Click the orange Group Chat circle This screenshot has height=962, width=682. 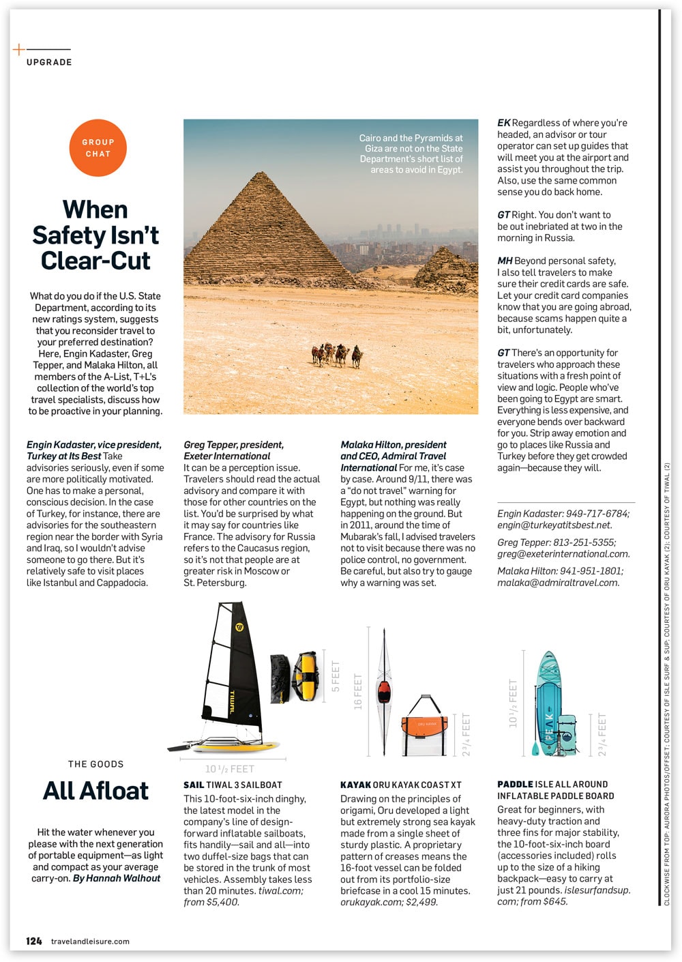[98, 148]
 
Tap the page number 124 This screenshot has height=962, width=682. [34, 941]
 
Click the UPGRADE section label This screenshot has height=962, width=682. [49, 62]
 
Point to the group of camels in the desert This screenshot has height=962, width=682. [337, 354]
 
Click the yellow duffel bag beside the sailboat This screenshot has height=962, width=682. [306, 675]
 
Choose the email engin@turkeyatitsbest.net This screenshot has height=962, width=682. [554, 525]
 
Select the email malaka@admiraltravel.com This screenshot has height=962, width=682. [558, 583]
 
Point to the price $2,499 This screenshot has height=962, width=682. [422, 902]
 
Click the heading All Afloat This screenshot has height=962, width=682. [95, 790]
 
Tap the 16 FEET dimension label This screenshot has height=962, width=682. [358, 691]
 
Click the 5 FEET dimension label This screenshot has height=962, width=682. [336, 676]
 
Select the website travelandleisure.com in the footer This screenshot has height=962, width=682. [90, 942]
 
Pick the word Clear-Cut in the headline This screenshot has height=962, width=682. [95, 261]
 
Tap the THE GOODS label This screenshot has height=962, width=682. [95, 764]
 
